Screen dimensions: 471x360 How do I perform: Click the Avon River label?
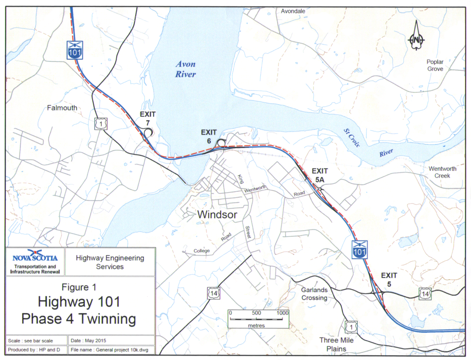[x=185, y=69]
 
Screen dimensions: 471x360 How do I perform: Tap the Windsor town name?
[x=217, y=215]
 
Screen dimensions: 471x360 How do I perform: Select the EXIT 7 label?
[x=148, y=119]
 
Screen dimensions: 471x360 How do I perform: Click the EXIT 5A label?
[x=320, y=176]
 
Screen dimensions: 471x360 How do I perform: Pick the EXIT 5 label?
[x=389, y=280]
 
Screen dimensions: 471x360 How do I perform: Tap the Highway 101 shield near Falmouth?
[x=75, y=49]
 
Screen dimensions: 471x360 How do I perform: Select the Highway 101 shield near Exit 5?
[x=359, y=249]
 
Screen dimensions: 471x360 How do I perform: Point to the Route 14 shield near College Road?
[x=214, y=292]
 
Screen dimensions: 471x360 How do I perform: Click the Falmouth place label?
[x=62, y=108]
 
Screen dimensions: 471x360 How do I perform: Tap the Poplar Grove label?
[x=435, y=65]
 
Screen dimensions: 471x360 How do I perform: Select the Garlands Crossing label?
[x=315, y=294]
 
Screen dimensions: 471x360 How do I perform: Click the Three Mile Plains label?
[x=337, y=344]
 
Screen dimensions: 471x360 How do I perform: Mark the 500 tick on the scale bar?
[x=257, y=313]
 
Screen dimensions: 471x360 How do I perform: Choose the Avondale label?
[x=294, y=11]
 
